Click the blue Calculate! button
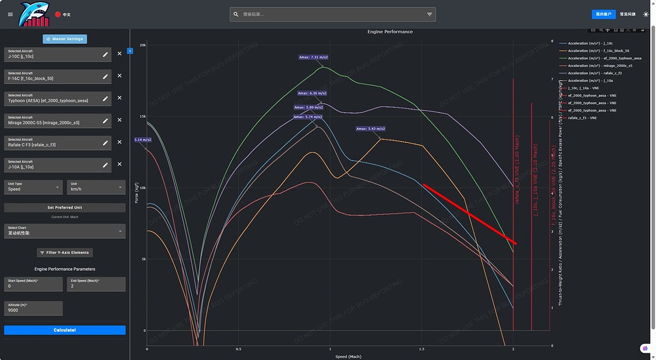coord(64,330)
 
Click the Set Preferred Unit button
coord(64,208)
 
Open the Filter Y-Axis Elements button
coord(64,252)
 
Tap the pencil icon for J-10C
coord(105,54)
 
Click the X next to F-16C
coord(119,76)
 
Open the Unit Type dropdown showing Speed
coord(33,187)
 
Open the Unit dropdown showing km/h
coord(96,187)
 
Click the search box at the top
coord(331,14)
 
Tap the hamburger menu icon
coord(10,14)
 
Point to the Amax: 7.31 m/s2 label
coord(314,57)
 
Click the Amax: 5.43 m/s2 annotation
coord(371,129)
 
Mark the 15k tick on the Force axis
coord(142,117)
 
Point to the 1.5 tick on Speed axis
coord(421,350)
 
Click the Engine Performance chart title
coord(390,31)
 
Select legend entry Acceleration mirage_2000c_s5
coord(600,66)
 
